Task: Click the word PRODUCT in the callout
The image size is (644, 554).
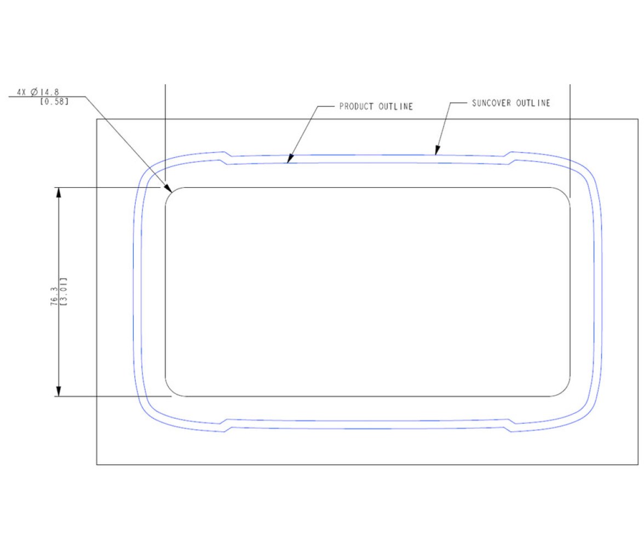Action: click(356, 106)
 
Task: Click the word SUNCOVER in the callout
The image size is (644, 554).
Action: click(491, 103)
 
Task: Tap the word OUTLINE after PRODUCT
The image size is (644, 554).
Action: click(395, 106)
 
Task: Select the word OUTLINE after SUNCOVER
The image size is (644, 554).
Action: click(533, 103)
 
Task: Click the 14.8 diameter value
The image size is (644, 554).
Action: click(50, 92)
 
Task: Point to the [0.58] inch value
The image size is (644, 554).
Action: click(54, 101)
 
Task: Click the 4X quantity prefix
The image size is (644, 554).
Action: click(21, 92)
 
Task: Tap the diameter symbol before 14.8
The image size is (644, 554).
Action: click(34, 92)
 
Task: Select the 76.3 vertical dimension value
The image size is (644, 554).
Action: click(54, 296)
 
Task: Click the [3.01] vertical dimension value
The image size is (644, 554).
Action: click(64, 292)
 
